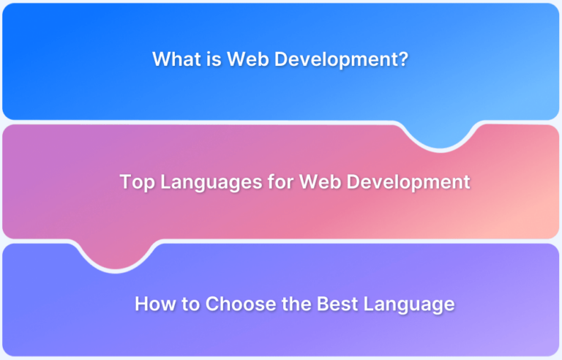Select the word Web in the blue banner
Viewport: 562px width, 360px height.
tap(243, 60)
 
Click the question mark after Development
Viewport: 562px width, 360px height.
tap(403, 60)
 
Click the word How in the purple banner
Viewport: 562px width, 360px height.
tap(152, 304)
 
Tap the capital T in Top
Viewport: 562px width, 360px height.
tap(125, 182)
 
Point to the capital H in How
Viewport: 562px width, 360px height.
tap(141, 304)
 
